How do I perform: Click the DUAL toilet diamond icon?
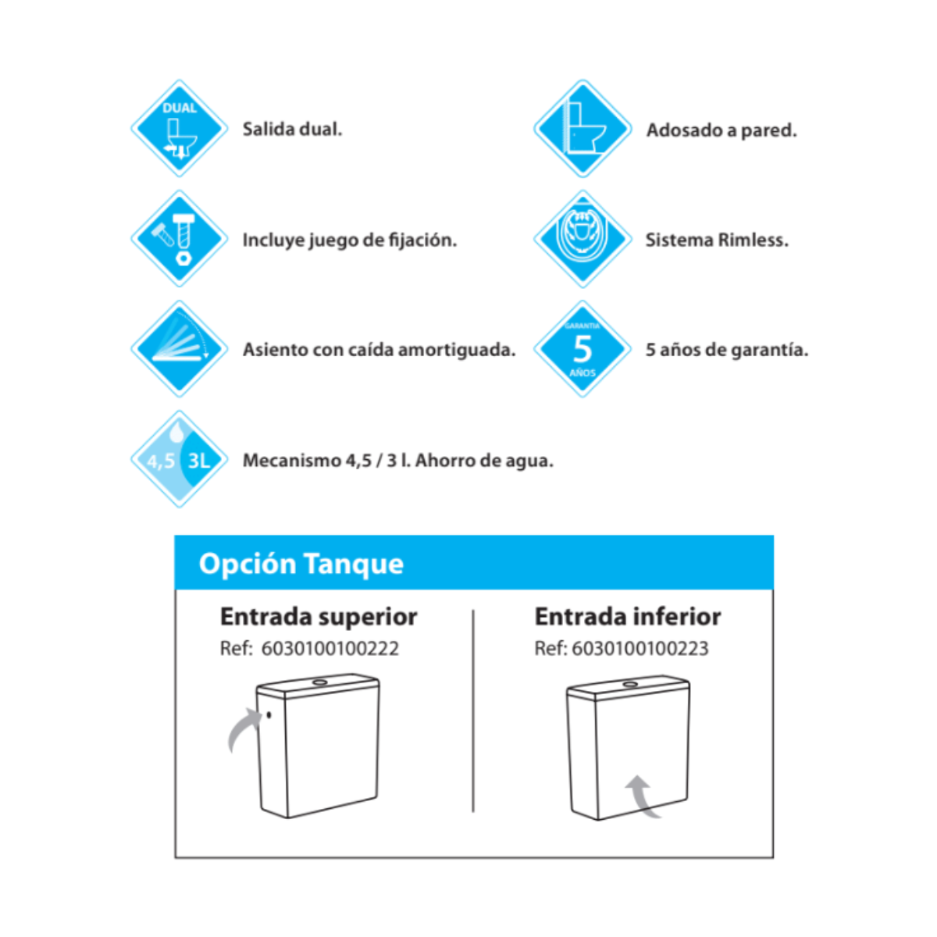pos(179,128)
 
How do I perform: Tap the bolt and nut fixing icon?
pos(179,238)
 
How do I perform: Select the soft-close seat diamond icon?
pos(179,348)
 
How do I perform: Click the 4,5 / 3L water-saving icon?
pos(179,459)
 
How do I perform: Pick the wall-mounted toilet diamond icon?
pos(583,128)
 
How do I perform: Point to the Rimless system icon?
pos(583,238)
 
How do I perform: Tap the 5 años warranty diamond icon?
pos(583,348)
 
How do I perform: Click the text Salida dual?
pos(292,129)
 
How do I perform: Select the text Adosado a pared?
pos(721,130)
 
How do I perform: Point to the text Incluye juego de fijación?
pos(349,240)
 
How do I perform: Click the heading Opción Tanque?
pos(301,563)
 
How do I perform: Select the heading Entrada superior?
pos(319,616)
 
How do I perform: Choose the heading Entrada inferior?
pos(627,616)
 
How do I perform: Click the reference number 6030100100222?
pos(330,648)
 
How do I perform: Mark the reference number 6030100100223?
pos(640,648)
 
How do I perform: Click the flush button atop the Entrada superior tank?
pos(319,683)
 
